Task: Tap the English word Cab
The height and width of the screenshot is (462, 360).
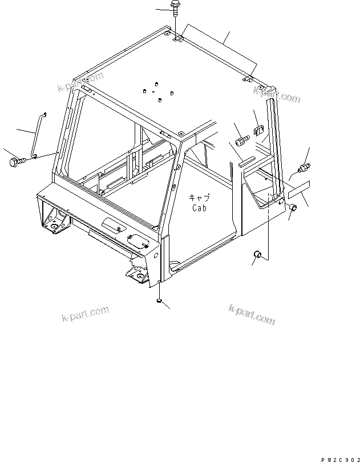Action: [199, 208]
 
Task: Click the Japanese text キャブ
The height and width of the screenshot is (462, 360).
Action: [200, 198]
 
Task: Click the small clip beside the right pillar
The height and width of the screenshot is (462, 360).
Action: [257, 131]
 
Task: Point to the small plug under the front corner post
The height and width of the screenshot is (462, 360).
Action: [157, 301]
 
